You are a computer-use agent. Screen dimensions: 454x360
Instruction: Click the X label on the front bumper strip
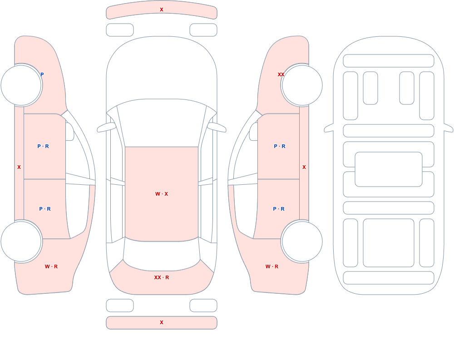pyautogui.click(x=162, y=10)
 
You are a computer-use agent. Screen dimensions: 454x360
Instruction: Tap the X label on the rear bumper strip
pyautogui.click(x=162, y=322)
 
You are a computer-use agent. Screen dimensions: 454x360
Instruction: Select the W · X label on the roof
pyautogui.click(x=162, y=194)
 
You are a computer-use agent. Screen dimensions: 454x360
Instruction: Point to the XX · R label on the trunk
pyautogui.click(x=162, y=277)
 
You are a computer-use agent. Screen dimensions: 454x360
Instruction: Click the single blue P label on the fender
pyautogui.click(x=42, y=74)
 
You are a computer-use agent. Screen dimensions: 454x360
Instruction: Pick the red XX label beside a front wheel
pyautogui.click(x=281, y=74)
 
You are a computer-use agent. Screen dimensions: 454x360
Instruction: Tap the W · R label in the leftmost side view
pyautogui.click(x=51, y=266)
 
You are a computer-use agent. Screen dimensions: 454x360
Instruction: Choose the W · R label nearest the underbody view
pyautogui.click(x=272, y=266)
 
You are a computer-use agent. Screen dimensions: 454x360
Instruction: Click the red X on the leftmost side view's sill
pyautogui.click(x=19, y=167)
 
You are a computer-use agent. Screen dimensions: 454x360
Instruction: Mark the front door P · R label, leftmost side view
pyautogui.click(x=43, y=146)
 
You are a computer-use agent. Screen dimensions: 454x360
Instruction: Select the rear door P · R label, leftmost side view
pyautogui.click(x=45, y=209)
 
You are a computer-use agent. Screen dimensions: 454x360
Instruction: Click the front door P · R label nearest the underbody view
pyautogui.click(x=280, y=146)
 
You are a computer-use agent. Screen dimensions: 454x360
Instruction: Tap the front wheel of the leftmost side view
pyautogui.click(x=21, y=85)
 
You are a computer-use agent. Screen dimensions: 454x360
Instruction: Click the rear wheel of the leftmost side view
pyautogui.click(x=21, y=241)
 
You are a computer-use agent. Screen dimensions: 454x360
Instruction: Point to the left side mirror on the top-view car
pyautogui.click(x=106, y=127)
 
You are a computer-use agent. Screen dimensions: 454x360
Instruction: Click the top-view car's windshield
pyautogui.click(x=162, y=122)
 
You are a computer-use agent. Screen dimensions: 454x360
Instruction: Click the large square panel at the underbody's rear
pyautogui.click(x=389, y=243)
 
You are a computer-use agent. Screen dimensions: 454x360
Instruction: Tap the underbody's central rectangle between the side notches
pyautogui.click(x=389, y=169)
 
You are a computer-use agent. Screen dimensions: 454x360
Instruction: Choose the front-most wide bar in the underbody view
pyautogui.click(x=389, y=61)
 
